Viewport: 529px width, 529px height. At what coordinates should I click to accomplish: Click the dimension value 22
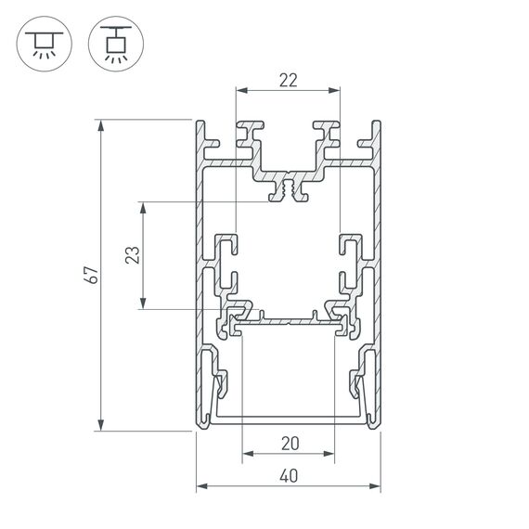point(288,80)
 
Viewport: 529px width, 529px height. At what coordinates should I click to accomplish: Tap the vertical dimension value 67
point(89,275)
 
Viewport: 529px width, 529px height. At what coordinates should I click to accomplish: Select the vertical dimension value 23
point(132,254)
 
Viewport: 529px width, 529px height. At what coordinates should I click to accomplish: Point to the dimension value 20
point(289,444)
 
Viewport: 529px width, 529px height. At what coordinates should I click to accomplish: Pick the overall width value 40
point(288,476)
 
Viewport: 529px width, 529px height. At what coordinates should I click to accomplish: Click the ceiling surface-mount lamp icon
point(40,43)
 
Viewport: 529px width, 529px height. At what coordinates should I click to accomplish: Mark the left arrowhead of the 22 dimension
point(240,91)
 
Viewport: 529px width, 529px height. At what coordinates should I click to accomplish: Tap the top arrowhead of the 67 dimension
point(99,123)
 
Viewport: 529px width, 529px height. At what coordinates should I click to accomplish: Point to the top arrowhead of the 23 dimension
point(142,205)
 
